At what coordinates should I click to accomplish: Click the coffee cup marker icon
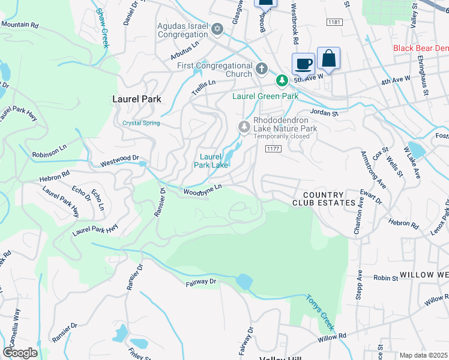pos(303,63)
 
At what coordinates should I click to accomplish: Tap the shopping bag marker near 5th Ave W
pos(328,58)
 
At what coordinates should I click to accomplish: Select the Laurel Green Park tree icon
pos(280,80)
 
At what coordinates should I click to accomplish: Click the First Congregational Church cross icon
pos(261,68)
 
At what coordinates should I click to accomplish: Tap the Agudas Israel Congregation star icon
pos(217,29)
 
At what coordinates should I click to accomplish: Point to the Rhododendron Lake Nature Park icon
pos(244,127)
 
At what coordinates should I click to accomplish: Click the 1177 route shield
pos(273,148)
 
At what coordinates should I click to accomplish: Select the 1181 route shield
pos(335,22)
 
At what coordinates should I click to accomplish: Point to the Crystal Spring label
pos(141,123)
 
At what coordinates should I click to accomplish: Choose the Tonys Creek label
pos(319,312)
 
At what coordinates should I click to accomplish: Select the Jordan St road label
pos(324,112)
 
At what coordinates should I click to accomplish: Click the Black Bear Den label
pos(420,48)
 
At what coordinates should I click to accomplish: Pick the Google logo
pos(20,353)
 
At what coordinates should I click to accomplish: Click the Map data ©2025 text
pos(423,355)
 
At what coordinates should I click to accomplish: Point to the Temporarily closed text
pos(281,136)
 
